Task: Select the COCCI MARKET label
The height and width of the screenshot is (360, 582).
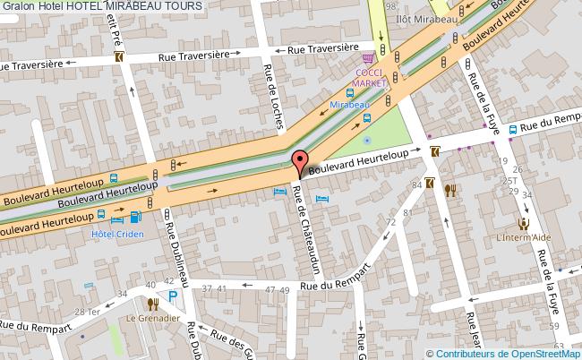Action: point(371,77)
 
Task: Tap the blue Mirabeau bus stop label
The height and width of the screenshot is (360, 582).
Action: point(349,105)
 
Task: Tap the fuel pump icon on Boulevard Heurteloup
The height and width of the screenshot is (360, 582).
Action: point(136,216)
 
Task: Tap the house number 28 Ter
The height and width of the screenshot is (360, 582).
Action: point(87,312)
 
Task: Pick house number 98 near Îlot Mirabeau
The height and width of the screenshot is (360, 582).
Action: point(389,7)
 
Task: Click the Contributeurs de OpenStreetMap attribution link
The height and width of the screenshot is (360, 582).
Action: point(508,352)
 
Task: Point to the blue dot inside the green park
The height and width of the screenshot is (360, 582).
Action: point(367,139)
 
